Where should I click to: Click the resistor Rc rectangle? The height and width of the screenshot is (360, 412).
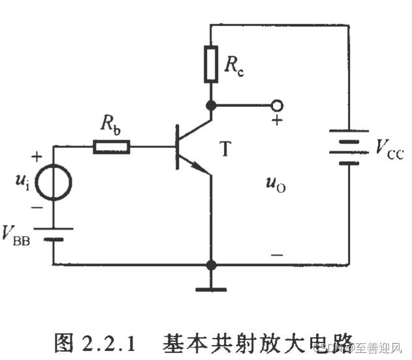pos(210,64)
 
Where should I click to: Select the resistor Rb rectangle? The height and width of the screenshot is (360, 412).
pos(112,147)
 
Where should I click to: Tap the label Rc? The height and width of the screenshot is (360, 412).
pos(234,65)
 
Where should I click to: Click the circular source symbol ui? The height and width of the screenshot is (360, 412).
pos(53,182)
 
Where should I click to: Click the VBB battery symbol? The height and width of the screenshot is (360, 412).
pos(53,233)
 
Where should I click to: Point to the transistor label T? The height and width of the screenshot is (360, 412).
pos(225,149)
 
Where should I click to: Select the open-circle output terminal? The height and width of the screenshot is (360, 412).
pos(277,105)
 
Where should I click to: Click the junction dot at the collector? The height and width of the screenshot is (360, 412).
pos(210,105)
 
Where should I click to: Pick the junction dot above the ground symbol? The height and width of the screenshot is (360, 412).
pos(210,265)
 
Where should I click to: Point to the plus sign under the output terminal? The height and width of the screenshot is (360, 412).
pos(277,120)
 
